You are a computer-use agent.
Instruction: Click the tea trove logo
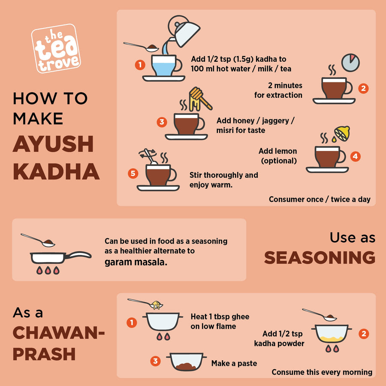click(56, 48)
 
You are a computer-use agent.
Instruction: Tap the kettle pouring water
click(184, 31)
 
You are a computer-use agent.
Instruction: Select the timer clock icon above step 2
click(350, 63)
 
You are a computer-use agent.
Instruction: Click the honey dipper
click(200, 99)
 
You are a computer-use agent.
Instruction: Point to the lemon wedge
click(342, 134)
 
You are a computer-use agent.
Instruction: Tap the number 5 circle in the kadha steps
click(133, 174)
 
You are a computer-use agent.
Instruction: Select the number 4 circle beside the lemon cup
click(355, 156)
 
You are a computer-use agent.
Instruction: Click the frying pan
click(60, 257)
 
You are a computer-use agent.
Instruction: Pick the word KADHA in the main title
click(56, 172)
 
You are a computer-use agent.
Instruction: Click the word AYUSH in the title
click(53, 144)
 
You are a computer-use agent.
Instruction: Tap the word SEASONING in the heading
click(320, 257)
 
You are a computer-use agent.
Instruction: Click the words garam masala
click(136, 262)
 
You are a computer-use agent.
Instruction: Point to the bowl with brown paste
click(186, 362)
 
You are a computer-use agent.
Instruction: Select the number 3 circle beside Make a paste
click(155, 361)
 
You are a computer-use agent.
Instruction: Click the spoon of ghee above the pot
click(145, 304)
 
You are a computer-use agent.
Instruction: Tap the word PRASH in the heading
click(44, 354)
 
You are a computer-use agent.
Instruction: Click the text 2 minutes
click(285, 85)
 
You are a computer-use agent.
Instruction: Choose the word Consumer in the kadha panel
click(296, 199)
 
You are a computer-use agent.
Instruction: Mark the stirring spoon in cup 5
click(150, 156)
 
